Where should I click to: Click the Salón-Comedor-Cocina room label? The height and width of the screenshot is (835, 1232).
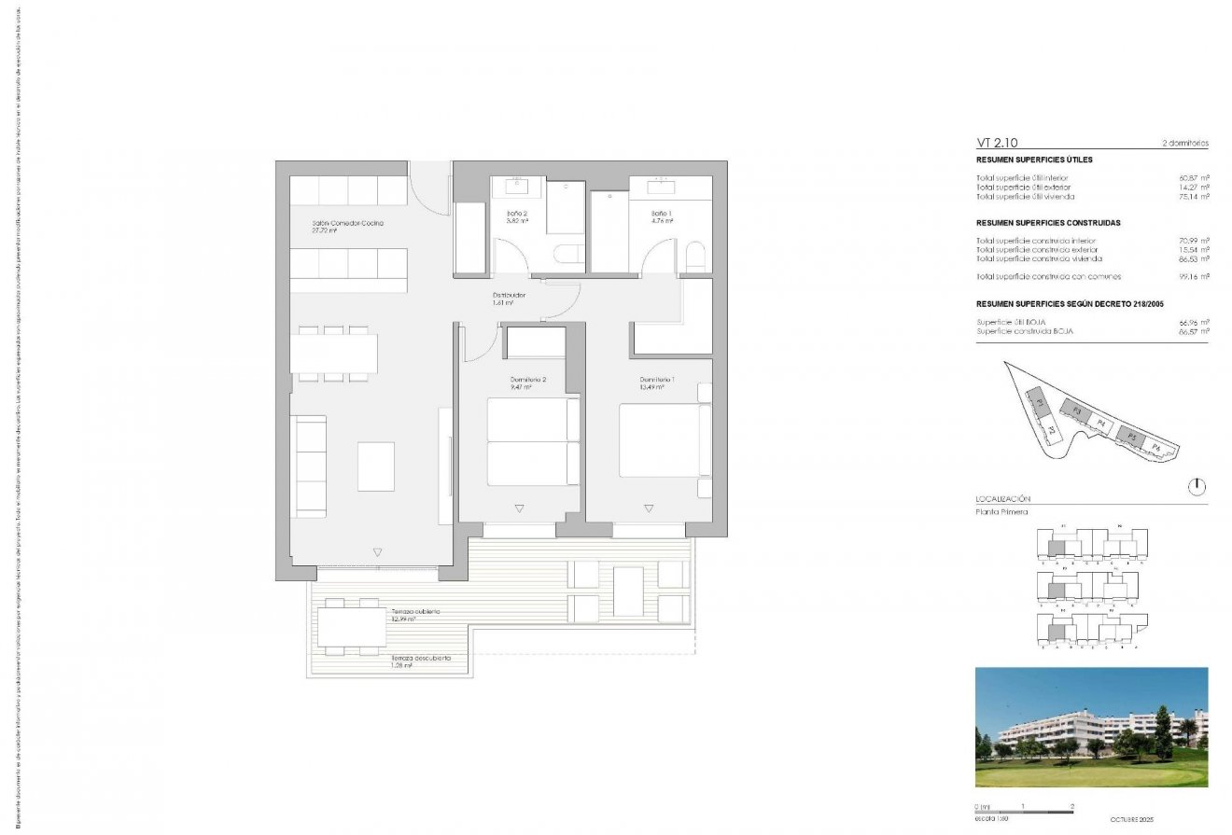pos(348,224)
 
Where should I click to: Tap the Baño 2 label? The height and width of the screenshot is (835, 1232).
pos(517,214)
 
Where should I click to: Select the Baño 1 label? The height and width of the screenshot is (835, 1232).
pos(663,214)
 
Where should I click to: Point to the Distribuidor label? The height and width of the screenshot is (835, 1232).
pos(509,296)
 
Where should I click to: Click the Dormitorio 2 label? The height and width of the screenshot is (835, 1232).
pos(527,380)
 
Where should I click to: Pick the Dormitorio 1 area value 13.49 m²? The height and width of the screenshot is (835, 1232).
pos(651,387)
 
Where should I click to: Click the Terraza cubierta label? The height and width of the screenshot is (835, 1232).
pos(415,611)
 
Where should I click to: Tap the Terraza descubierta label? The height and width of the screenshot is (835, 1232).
pos(421,658)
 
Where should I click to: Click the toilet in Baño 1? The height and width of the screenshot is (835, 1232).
pos(695,257)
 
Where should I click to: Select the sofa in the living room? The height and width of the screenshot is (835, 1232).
pos(310,466)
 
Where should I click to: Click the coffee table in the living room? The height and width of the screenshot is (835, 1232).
pos(376,466)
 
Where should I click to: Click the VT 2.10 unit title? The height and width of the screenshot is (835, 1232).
pos(997,144)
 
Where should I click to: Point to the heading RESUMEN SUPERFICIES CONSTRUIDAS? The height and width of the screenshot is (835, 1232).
pos(1048,223)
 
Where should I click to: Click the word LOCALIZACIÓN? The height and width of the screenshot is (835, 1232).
pos(1003,500)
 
